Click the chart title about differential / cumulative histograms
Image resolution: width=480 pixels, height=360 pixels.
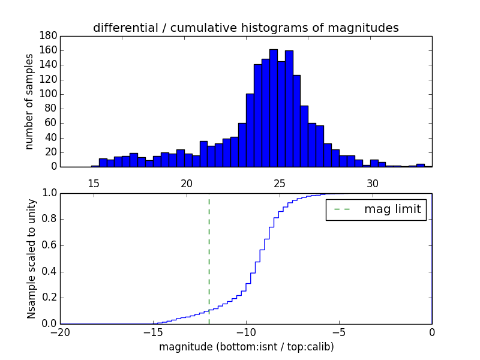pos(245,28)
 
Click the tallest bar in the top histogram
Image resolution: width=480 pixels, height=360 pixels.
pos(274,108)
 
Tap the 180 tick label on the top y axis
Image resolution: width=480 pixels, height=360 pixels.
pos(49,36)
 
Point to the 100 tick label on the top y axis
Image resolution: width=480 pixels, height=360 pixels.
pos(49,94)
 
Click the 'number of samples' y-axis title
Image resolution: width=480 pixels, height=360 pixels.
pos(29,101)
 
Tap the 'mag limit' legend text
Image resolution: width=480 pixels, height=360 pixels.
pos(392,209)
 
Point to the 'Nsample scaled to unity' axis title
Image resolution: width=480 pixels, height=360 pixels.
pos(31,258)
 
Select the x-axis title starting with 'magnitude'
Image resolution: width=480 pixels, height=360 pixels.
pos(246,347)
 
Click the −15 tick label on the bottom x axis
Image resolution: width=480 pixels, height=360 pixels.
pos(152,333)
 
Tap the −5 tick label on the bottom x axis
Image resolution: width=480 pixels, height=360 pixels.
pos(338,333)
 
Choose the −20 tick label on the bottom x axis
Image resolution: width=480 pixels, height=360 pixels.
pos(60,333)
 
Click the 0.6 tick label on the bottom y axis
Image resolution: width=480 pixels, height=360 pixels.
pos(48,245)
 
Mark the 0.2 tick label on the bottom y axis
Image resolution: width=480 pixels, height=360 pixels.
pos(48,298)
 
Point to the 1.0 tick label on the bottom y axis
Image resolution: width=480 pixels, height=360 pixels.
pos(48,193)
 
